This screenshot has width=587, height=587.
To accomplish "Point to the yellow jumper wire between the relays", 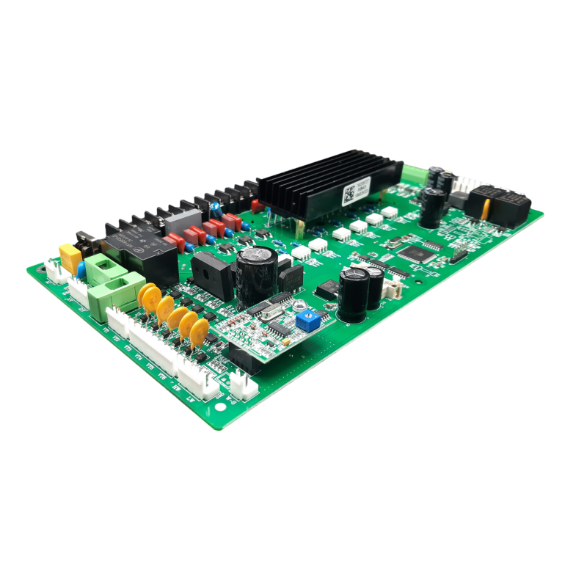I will pos(485,209).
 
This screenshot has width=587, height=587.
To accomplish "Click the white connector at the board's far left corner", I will pos(56,271).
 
